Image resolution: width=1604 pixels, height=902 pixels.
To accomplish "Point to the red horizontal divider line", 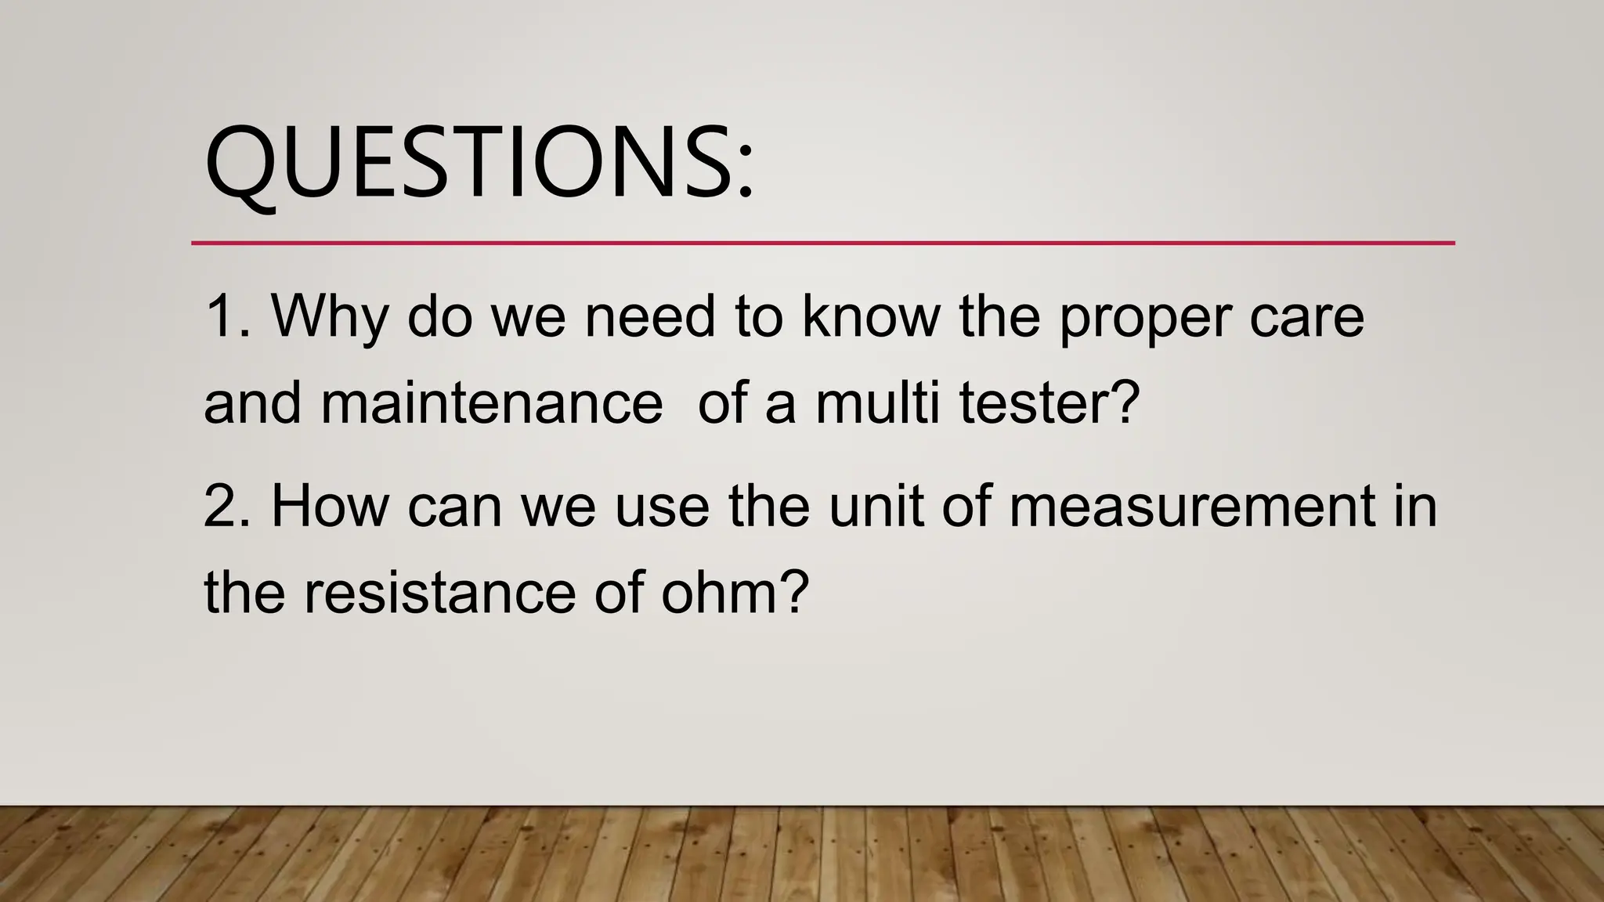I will point(822,244).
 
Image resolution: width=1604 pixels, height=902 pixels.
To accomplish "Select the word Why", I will point(330,318).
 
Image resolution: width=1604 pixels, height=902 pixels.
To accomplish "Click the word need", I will point(650,316).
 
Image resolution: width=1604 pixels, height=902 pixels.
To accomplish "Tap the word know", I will point(870,316).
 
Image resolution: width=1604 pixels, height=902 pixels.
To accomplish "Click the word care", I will point(1306,318).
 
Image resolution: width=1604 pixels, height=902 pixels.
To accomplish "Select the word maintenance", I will point(491,403).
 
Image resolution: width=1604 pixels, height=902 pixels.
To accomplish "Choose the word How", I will point(330,506).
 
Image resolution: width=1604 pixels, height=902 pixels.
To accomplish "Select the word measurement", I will point(1191,506).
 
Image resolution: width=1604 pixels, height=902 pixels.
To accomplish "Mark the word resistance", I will point(439,592).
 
